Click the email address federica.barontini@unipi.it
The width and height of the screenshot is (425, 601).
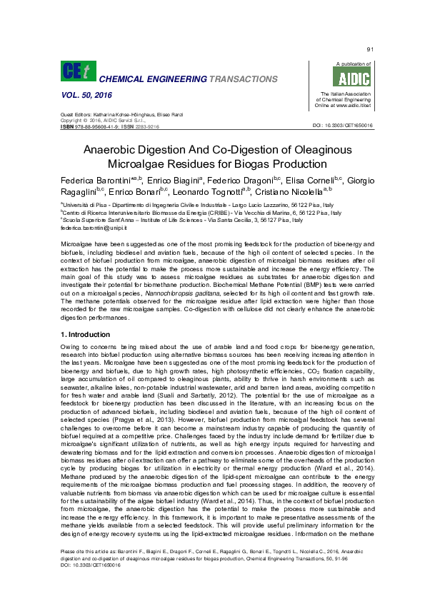(86, 228)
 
